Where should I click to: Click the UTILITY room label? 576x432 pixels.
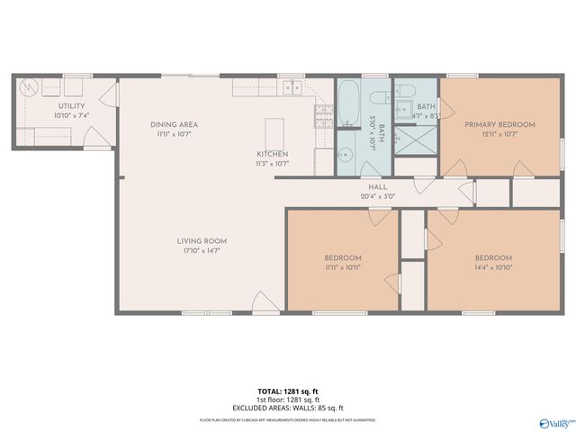click(71, 106)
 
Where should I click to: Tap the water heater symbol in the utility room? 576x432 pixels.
click(27, 88)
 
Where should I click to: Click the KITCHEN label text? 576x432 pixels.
click(272, 154)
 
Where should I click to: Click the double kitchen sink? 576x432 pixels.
click(291, 87)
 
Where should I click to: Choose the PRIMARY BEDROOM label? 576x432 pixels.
click(499, 125)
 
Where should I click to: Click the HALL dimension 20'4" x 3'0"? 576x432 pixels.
click(377, 196)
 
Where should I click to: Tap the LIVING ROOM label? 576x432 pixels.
click(201, 241)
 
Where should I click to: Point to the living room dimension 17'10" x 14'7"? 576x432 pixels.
click(201, 250)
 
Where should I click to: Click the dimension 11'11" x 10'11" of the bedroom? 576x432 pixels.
click(343, 267)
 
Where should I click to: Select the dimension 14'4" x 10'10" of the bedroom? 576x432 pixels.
click(492, 267)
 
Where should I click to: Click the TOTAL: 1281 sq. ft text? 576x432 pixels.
click(288, 391)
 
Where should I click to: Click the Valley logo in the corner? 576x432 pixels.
click(554, 420)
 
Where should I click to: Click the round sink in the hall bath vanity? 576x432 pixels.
click(343, 155)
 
